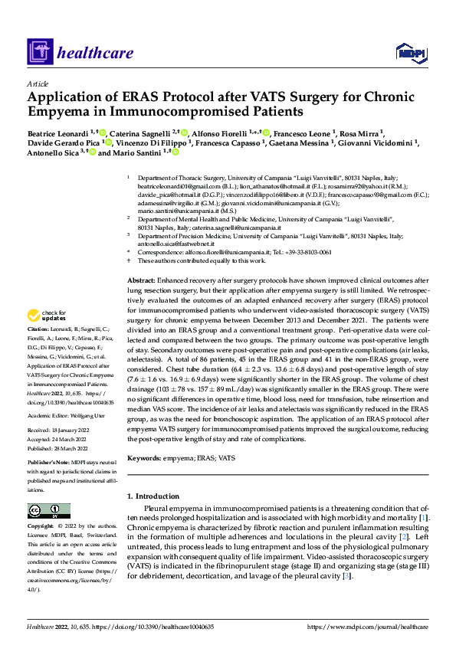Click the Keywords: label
(144, 457)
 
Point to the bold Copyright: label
(42, 527)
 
